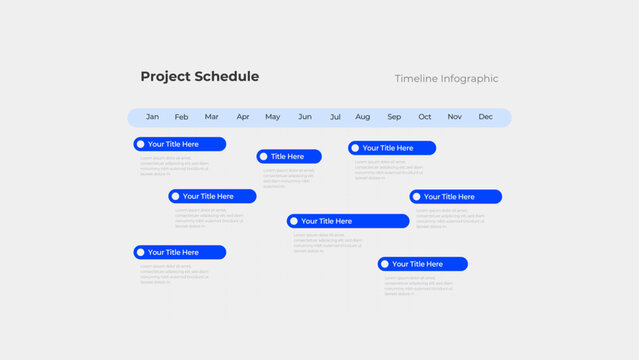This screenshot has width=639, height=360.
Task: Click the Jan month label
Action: coord(152,117)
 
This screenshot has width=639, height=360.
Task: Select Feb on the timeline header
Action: coord(181,117)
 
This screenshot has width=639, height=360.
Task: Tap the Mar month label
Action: coord(211,117)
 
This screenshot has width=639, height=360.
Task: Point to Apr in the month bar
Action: coord(243,117)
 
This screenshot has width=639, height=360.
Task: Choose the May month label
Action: coord(272,117)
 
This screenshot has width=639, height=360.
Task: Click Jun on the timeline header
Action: coord(305,117)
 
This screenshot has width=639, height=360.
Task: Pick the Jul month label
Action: coord(335,117)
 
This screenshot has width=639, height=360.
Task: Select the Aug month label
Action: coord(362,117)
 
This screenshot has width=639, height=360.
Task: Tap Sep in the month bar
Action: coord(394,117)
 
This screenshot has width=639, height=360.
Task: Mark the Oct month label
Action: coord(425,117)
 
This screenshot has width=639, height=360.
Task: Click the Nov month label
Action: coord(455,117)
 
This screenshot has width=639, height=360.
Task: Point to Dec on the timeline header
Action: coord(485,117)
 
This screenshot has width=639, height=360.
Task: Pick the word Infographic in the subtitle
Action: coord(471,79)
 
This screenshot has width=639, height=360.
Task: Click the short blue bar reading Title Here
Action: coord(289,156)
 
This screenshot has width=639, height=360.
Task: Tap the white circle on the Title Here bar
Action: coord(264,156)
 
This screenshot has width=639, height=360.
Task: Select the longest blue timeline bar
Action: coord(348,221)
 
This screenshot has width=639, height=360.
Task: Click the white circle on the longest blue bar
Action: coord(294,221)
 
